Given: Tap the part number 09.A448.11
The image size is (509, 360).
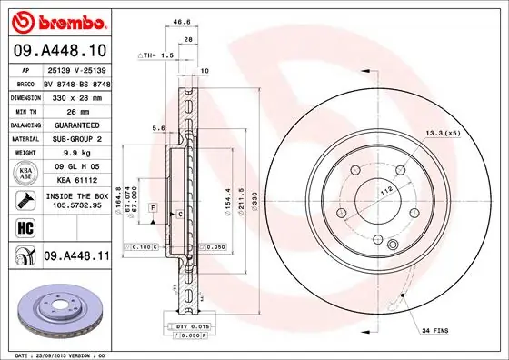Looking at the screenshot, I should coord(76,258).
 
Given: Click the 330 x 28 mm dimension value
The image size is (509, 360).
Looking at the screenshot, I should coord(75,95).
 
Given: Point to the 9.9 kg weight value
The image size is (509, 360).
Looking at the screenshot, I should coord(75,153).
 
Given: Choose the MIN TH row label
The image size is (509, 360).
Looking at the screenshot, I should coord(24,110).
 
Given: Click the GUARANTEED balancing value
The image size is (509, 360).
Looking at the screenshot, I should coord(76,125).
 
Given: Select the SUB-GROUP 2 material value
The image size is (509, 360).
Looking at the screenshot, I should coord(76,138).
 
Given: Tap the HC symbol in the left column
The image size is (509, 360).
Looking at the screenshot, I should coord(23,227).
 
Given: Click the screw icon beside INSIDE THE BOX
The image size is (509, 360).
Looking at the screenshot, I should coord(23,200).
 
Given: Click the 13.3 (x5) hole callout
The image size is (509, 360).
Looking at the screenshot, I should coord(443,135).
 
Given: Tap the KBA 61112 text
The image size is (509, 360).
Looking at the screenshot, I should coord(76,181).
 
